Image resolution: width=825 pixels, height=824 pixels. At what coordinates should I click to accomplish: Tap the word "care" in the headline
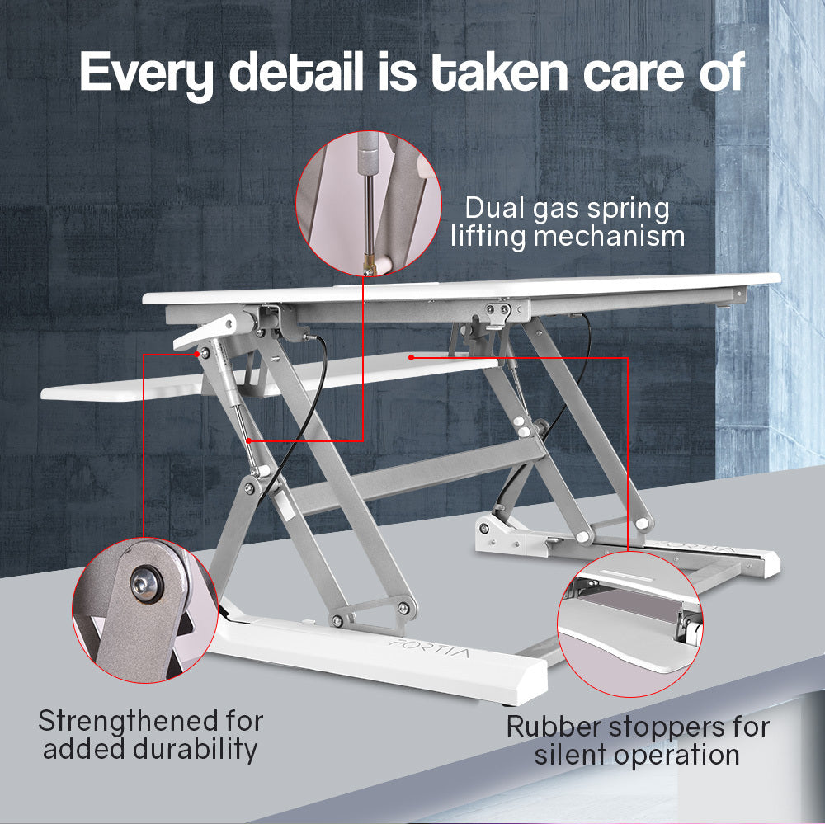tap(633, 73)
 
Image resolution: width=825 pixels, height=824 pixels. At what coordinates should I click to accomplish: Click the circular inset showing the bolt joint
tap(144, 609)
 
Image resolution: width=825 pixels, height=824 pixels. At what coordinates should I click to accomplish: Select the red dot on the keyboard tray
tap(410, 357)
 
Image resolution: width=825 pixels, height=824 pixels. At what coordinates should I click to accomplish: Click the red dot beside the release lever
tap(200, 353)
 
